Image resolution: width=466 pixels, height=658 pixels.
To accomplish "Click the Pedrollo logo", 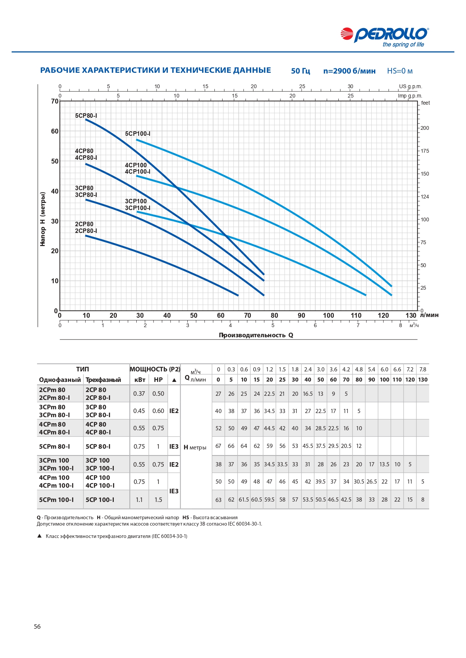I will click(385, 37).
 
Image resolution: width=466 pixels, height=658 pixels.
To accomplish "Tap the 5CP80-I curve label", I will click(86, 116).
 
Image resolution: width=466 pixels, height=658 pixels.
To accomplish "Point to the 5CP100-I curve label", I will click(137, 134).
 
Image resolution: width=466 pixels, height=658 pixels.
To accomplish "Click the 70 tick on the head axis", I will click(55, 101).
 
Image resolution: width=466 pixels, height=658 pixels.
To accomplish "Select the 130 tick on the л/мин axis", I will click(411, 315).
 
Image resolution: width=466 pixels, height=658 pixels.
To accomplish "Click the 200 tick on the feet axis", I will click(425, 128).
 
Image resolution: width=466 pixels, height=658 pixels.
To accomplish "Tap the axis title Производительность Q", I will click(256, 335).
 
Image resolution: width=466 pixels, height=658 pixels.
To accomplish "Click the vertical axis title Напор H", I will click(43, 219).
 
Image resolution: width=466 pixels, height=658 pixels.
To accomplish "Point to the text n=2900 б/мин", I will click(349, 71).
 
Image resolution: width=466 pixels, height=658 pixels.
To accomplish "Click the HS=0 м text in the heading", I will click(400, 71).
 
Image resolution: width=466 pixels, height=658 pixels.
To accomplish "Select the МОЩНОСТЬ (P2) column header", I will click(155, 369).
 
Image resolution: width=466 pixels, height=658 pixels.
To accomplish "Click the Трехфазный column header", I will click(103, 380).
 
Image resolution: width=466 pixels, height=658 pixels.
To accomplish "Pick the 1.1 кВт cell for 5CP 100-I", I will click(139, 500).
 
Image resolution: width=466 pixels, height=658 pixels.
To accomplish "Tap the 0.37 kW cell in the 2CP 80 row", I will click(139, 394).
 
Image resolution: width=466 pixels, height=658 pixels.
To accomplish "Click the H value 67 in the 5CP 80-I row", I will click(218, 446).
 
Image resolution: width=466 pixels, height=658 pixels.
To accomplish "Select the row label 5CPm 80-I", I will click(54, 446).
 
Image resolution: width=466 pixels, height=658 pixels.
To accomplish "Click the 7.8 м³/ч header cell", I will click(423, 369).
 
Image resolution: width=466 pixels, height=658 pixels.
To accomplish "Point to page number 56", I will click(37, 626).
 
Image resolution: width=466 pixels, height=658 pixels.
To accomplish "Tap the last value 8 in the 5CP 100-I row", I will click(423, 500).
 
